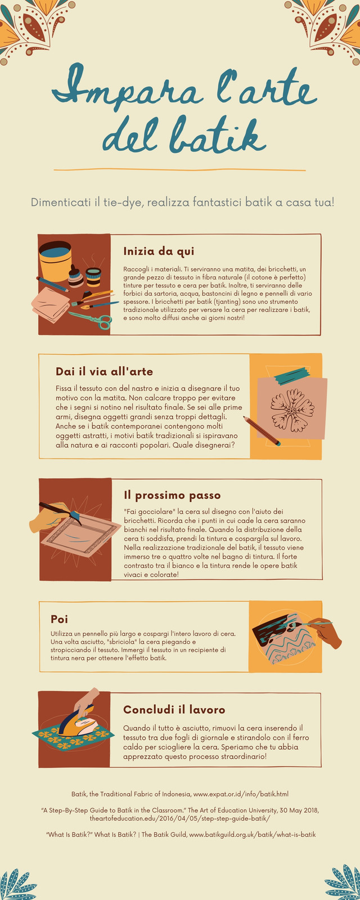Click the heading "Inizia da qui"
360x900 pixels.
coord(159,251)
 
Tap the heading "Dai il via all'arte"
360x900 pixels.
coord(104,371)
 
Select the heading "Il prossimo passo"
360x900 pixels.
coord(172,495)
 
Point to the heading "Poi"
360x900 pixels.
coord(59,619)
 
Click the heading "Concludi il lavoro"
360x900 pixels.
coord(174,709)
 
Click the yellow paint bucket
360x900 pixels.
coord(55,261)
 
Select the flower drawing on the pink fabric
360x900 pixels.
coord(292,410)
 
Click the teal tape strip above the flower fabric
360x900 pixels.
coord(292,376)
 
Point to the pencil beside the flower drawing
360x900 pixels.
coord(262,431)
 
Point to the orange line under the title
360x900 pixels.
coord(179,170)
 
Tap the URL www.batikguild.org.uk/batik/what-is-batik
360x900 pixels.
coord(253,835)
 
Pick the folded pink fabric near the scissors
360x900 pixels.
coord(50,304)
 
